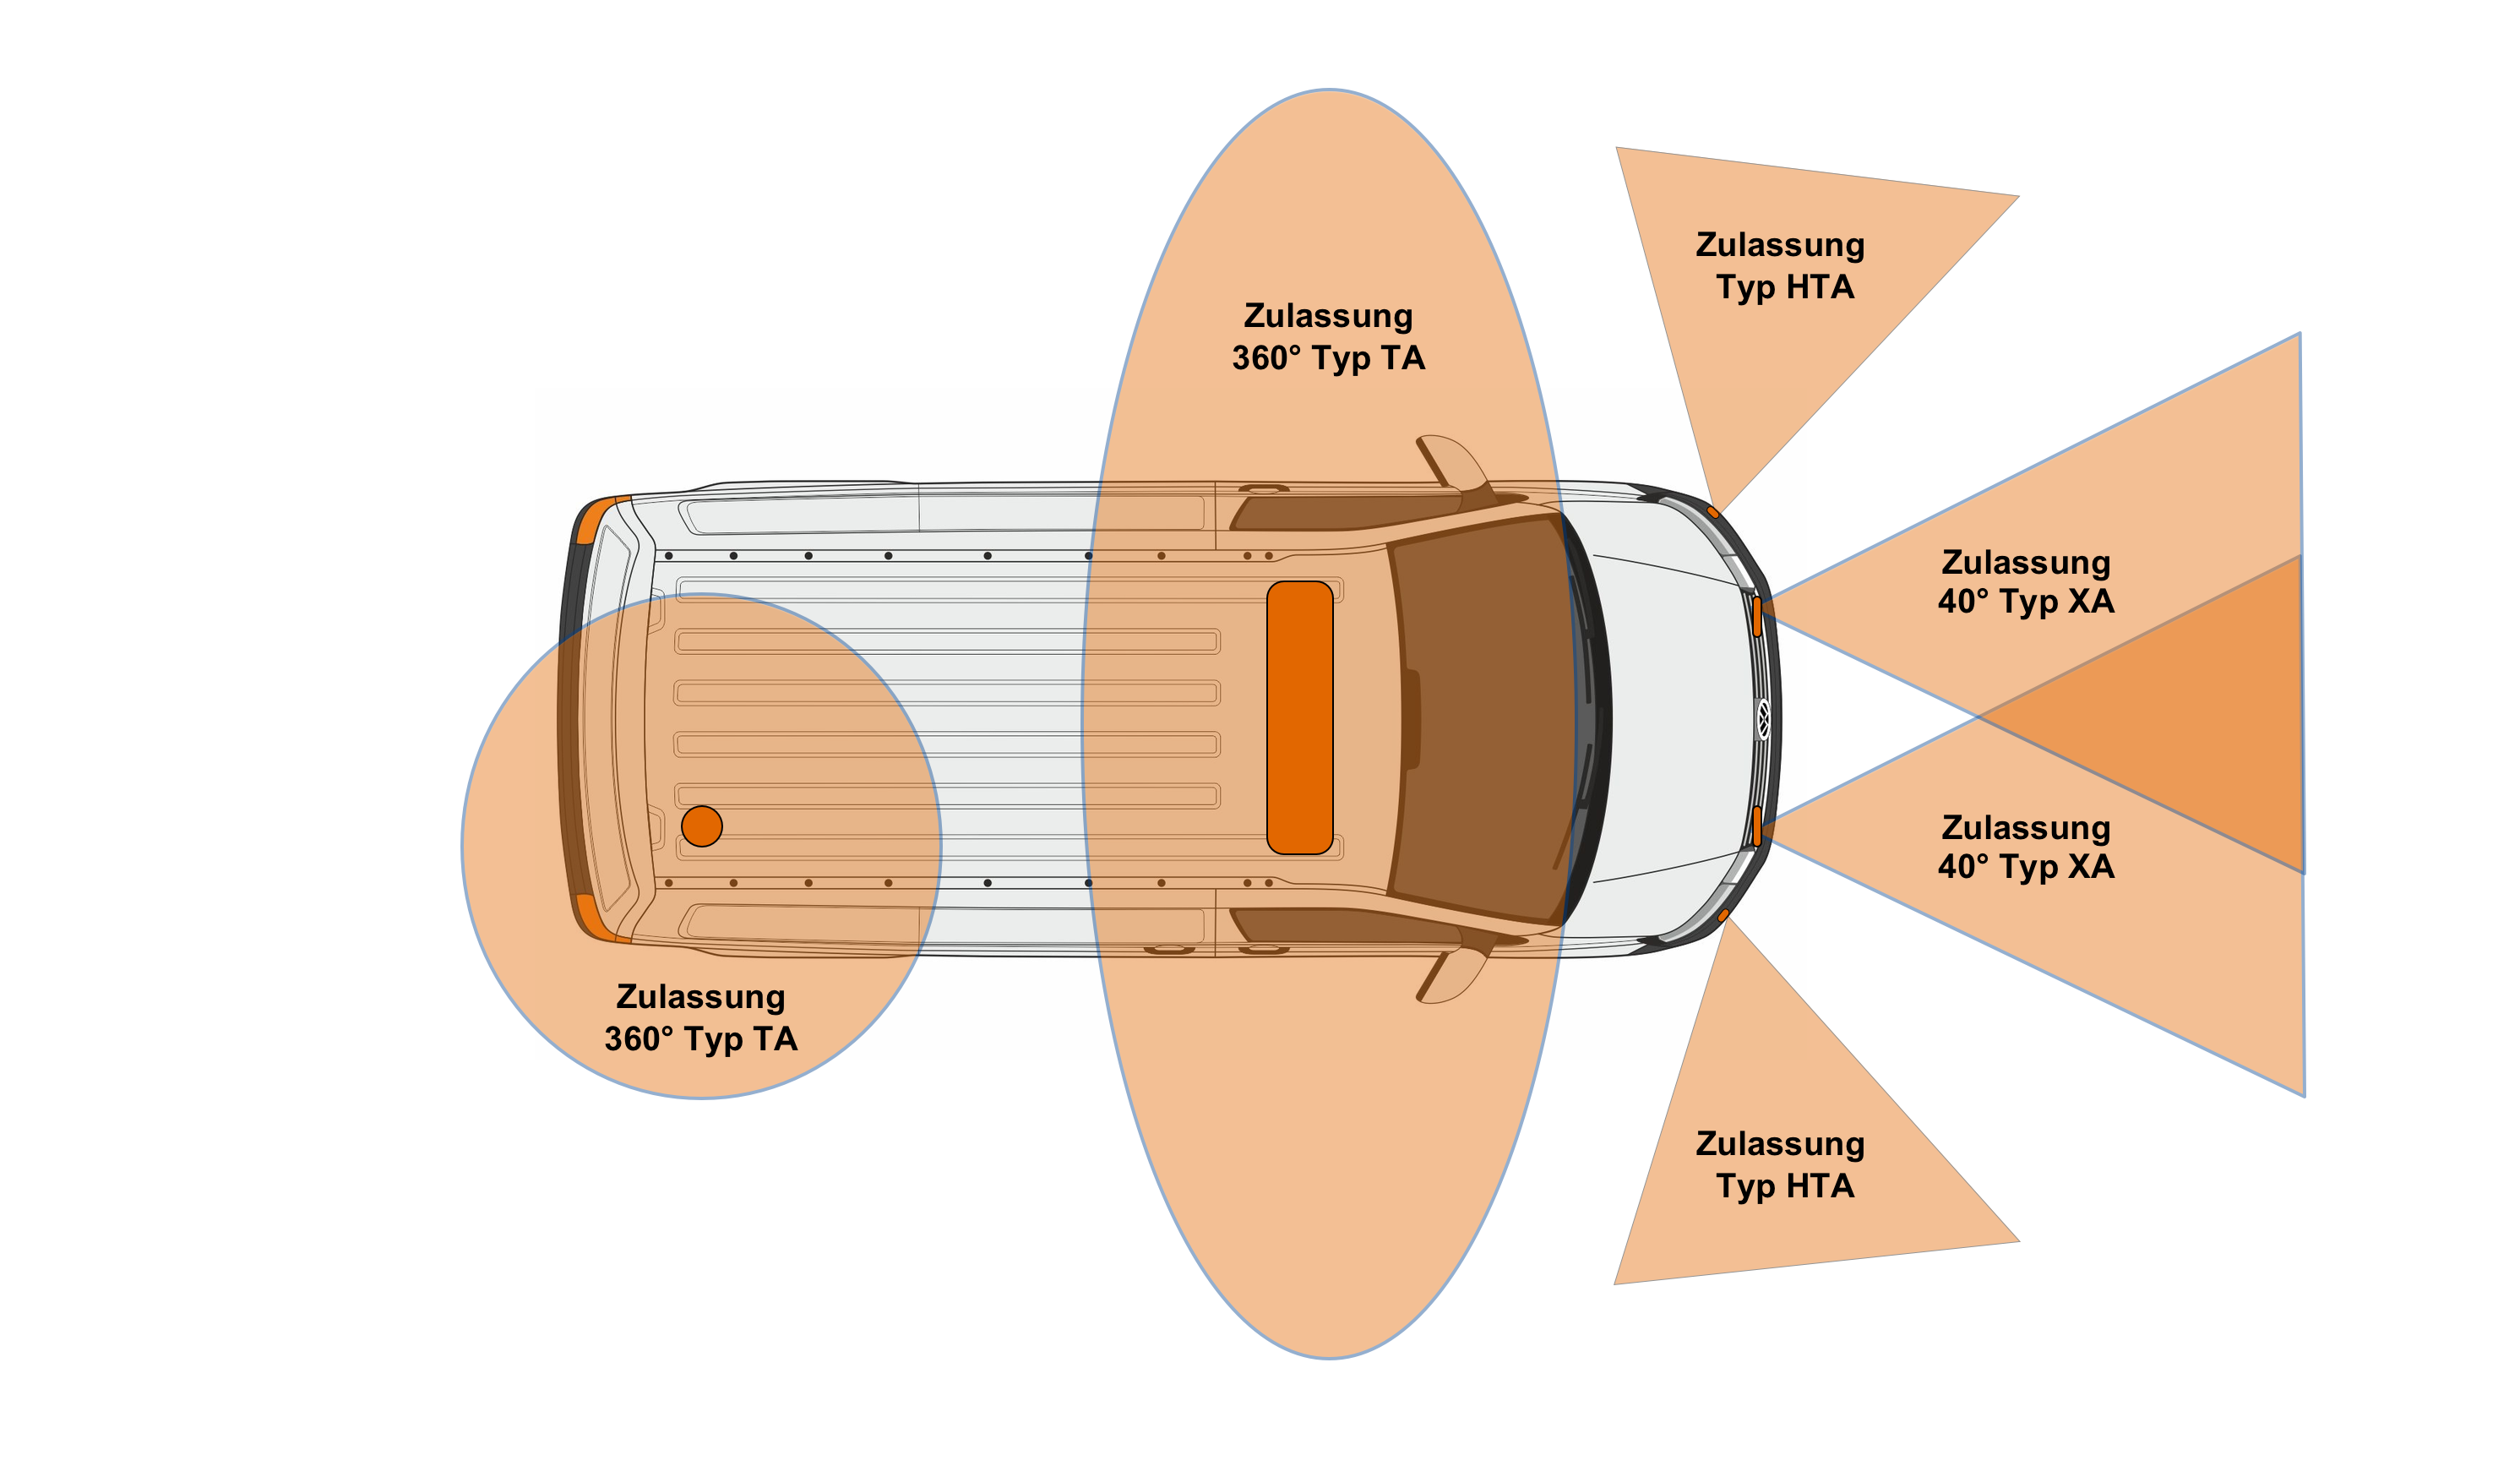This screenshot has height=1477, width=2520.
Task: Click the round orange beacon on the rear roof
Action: point(702,826)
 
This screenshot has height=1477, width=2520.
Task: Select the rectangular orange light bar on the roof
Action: point(1300,717)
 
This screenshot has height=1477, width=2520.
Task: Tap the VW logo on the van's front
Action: point(1764,720)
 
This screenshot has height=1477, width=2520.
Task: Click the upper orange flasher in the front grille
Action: point(1757,616)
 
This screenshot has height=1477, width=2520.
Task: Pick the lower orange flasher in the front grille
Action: point(1757,826)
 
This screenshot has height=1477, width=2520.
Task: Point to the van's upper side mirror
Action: point(1452,463)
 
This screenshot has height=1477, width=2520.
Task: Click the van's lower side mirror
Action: point(1452,974)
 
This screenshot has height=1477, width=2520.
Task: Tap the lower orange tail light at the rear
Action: point(597,918)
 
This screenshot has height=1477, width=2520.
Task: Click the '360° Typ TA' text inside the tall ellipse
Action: point(1328,358)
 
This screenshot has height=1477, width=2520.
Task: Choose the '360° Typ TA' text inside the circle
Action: point(701,1039)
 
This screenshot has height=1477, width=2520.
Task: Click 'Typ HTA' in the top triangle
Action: point(1785,287)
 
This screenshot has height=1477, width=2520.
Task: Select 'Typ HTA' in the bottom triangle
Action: point(1785,1186)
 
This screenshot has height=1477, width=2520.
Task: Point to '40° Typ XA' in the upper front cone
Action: point(2026,601)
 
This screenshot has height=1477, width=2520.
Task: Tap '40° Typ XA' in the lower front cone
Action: point(2026,866)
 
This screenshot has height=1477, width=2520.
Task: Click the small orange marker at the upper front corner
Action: point(1713,513)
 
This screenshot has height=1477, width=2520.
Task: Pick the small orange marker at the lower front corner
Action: point(1723,915)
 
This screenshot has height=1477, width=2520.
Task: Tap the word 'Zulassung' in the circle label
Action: point(701,997)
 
